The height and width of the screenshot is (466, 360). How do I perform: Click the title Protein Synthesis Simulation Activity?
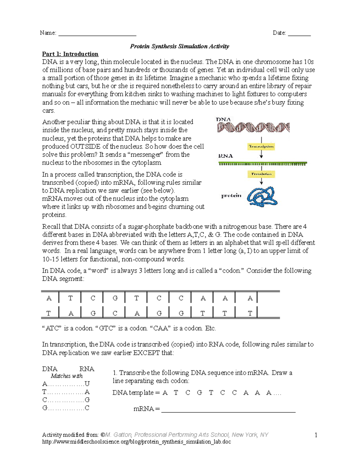pos(179,46)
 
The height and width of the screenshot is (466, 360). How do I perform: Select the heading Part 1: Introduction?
pos(70,54)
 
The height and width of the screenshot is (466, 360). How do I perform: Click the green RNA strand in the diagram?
pos(262,164)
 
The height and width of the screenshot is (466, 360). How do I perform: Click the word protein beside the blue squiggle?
pos(231,196)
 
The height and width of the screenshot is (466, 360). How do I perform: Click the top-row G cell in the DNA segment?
pos(115,298)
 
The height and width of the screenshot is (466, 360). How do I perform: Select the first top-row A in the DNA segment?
pos(49,298)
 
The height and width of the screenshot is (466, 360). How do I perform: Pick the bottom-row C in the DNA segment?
pos(115,313)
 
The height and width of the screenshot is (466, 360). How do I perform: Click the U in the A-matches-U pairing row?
pos(87,384)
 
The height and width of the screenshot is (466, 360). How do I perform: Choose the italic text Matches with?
pos(67,376)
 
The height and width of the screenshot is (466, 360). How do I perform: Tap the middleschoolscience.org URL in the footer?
pos(136,442)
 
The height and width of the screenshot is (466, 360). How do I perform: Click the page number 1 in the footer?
pos(316,435)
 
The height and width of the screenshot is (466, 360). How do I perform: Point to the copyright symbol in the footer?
pos(103,435)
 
